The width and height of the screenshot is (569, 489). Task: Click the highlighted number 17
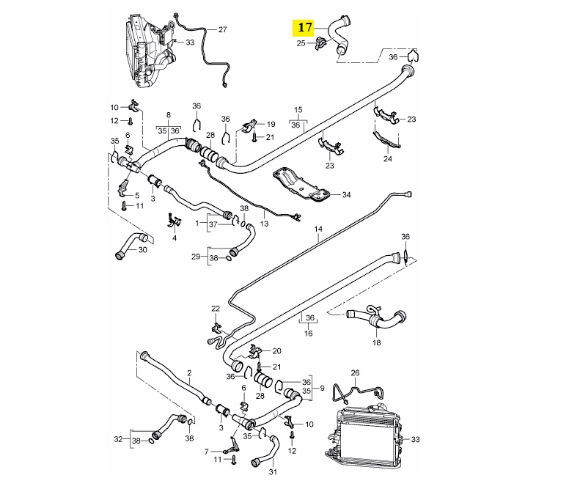pyautogui.click(x=303, y=29)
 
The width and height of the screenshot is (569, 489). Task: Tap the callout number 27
pyautogui.click(x=222, y=29)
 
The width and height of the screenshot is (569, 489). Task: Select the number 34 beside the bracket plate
pyautogui.click(x=347, y=195)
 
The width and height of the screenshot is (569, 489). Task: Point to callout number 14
pyautogui.click(x=318, y=229)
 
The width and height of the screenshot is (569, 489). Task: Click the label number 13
pyautogui.click(x=265, y=223)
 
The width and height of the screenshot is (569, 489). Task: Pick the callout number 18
pyautogui.click(x=376, y=342)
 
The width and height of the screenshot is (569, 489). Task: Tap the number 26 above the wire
pyautogui.click(x=356, y=372)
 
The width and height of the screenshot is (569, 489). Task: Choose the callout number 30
pyautogui.click(x=142, y=250)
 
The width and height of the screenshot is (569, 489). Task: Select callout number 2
pyautogui.click(x=189, y=372)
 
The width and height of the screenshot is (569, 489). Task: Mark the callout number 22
pyautogui.click(x=216, y=308)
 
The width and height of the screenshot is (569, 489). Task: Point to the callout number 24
pyautogui.click(x=388, y=158)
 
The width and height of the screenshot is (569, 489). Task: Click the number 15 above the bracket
pyautogui.click(x=298, y=110)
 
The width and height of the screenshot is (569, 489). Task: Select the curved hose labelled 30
pyautogui.click(x=131, y=243)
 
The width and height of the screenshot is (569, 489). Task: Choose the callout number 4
pyautogui.click(x=175, y=238)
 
